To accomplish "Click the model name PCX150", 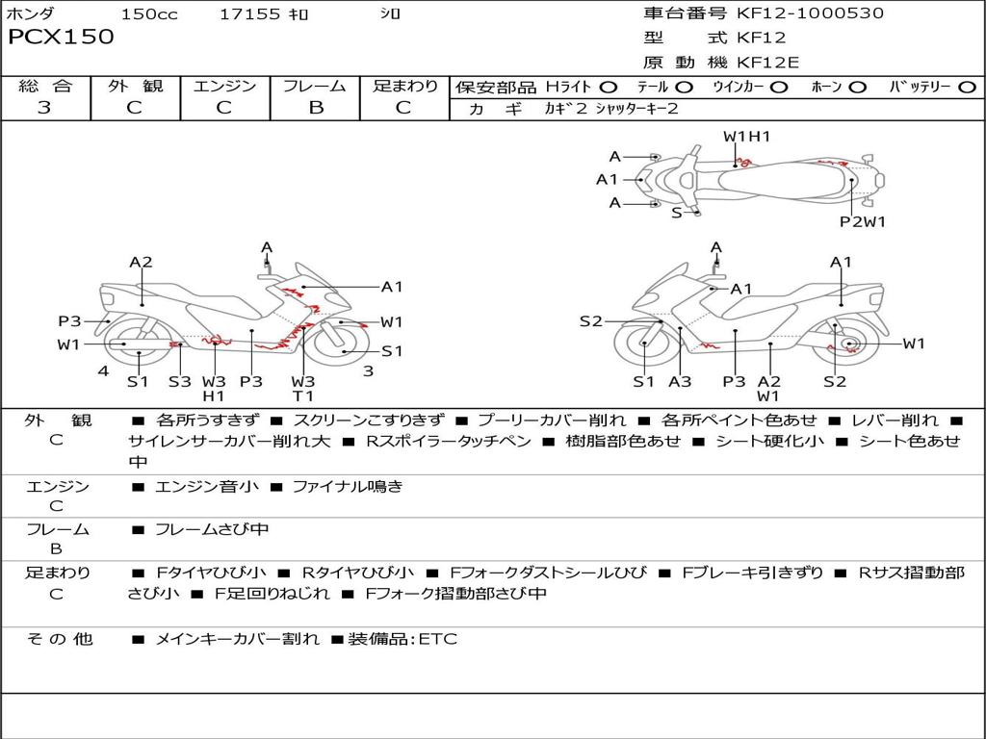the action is (62, 38).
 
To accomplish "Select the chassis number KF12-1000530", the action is (810, 13).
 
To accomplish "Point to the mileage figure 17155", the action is (249, 14).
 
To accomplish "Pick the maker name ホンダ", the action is (31, 14).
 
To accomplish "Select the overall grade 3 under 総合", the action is (44, 108).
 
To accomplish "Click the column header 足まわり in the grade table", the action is (405, 87).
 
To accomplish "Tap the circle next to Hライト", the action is (609, 88).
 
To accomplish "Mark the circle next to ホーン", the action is (858, 88).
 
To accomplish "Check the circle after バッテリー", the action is (968, 88).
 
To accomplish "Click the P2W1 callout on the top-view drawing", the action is (862, 221).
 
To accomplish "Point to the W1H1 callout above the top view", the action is (747, 137).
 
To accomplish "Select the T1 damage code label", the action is (303, 395).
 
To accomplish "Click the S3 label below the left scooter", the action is (180, 381).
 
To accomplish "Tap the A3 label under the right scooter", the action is (680, 381).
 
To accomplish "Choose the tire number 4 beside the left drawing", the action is (102, 371).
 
